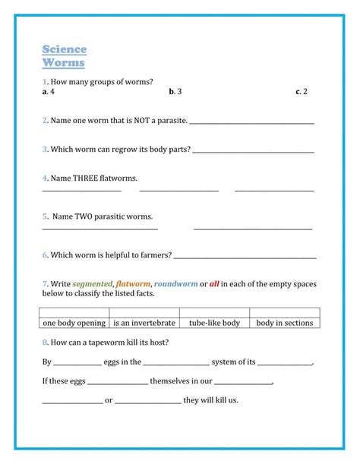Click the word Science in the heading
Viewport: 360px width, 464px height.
65,50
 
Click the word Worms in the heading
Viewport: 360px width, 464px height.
63,63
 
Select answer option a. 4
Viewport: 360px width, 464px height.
49,91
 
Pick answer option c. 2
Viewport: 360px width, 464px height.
302,91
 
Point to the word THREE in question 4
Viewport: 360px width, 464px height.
92,178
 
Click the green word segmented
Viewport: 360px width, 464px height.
93,284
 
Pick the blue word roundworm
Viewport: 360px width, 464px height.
175,284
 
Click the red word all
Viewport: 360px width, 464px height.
215,284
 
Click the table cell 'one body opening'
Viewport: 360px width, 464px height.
75,323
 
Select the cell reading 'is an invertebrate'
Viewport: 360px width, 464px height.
144,323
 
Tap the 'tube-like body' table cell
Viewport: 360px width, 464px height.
214,323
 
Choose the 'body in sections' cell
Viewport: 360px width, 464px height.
285,323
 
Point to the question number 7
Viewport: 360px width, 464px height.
45,284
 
